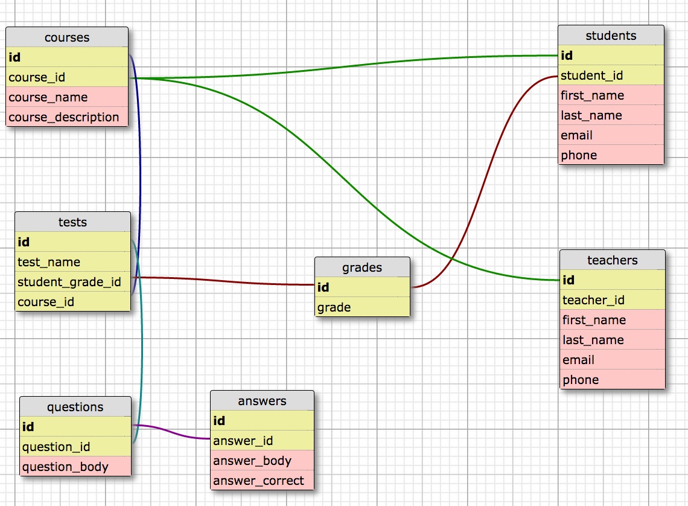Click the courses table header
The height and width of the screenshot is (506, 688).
[67, 37]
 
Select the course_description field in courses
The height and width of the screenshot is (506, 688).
[64, 117]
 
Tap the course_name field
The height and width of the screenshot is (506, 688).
[48, 97]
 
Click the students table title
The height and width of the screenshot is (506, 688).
[611, 36]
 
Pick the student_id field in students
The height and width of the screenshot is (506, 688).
[592, 75]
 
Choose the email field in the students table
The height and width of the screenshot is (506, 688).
[577, 135]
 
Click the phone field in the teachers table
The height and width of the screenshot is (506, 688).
[581, 380]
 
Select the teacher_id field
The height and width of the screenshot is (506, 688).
[594, 300]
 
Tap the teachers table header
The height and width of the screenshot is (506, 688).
[612, 260]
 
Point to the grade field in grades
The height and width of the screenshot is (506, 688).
[334, 307]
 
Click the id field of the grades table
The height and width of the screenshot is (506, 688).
[324, 287]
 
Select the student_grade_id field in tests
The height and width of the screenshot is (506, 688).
[69, 282]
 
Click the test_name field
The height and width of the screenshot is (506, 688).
[49, 262]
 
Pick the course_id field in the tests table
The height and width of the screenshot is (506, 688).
[46, 302]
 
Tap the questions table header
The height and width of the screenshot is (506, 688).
[75, 407]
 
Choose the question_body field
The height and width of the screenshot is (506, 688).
[65, 467]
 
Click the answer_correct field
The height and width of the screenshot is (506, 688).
[259, 481]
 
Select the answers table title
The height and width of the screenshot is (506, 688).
[262, 401]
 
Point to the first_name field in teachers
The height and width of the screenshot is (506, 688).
[594, 320]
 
